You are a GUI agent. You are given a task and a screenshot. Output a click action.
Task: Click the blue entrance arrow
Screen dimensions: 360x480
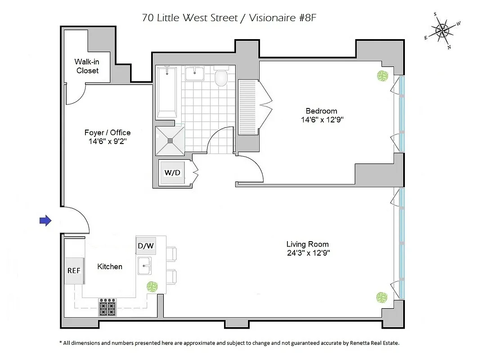coord(45,220)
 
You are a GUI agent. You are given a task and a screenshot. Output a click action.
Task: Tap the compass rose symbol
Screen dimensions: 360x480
coord(443,31)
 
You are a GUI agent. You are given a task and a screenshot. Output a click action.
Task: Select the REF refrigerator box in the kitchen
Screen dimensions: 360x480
coord(74,270)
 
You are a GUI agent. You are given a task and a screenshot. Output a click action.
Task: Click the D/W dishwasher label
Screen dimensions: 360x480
coord(146,246)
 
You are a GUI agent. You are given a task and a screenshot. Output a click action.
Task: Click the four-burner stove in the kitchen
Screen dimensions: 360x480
coord(108,308)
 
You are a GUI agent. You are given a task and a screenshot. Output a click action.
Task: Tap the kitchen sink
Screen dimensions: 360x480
coord(144,265)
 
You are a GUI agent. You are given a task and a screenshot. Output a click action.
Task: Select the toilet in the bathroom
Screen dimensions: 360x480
coord(221,77)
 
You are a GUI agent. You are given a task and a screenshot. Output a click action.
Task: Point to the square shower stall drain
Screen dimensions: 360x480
coord(170,141)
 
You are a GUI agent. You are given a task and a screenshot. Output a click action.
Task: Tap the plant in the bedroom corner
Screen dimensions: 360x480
coord(382,76)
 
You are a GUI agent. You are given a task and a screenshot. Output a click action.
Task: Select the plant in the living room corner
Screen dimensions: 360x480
coord(381,297)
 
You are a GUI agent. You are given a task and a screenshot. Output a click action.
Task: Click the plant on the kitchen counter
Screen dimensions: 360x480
coord(153,286)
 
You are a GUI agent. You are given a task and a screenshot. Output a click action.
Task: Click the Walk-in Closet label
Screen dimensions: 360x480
coord(87,66)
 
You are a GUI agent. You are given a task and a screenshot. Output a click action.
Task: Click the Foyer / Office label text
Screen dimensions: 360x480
coord(108,132)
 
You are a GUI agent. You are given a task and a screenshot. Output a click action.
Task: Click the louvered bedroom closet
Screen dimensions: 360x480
coord(247,107)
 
